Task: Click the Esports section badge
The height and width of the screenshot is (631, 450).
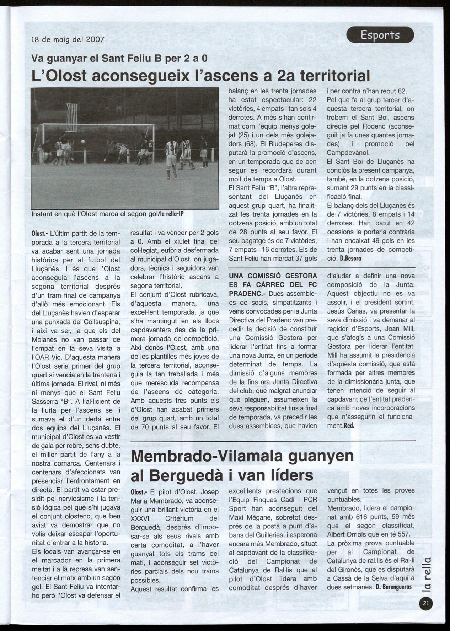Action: point(380,35)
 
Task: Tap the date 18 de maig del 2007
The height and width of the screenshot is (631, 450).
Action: point(68,39)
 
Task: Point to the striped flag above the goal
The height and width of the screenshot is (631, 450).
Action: point(72,117)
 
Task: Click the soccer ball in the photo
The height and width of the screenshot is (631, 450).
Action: point(83,141)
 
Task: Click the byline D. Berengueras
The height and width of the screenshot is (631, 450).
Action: point(393,586)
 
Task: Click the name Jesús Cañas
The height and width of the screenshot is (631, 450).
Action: point(343,311)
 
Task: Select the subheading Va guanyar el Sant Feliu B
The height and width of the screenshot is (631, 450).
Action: point(119,58)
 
